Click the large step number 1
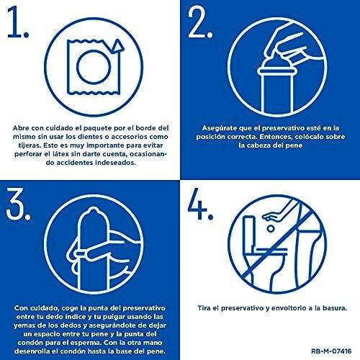click(x=15, y=22)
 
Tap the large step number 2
click(x=197, y=22)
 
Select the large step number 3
click(x=16, y=204)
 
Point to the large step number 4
click(x=197, y=204)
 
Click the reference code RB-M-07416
click(x=331, y=351)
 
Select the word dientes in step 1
click(x=90, y=137)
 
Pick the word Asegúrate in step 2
click(x=219, y=128)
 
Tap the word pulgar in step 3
click(x=114, y=317)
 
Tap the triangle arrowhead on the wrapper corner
click(x=117, y=46)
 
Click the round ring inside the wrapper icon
click(x=94, y=67)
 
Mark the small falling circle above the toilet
click(x=271, y=228)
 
